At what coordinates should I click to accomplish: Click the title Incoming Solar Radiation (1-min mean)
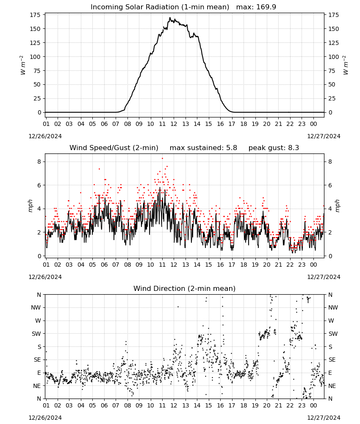pos(160,7)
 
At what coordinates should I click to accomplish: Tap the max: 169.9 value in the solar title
pos(256,7)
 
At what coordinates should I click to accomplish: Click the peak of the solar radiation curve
pos(170,17)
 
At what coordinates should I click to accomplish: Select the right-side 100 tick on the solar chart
pos(334,57)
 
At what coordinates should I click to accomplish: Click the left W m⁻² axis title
pos(23,65)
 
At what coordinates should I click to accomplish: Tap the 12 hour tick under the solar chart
pos(174,124)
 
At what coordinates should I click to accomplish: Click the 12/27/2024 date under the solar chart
pos(324,136)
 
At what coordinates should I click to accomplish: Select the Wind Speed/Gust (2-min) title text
pos(114,148)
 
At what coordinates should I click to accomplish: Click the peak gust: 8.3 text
pos(274,148)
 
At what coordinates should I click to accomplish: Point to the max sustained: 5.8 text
pos(203,148)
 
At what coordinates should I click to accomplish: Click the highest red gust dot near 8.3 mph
pos(162,158)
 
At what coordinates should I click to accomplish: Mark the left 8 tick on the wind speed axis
pos(39,162)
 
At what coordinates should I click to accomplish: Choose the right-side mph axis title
pos(338,206)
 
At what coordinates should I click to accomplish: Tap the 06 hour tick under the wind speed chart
pos(104,265)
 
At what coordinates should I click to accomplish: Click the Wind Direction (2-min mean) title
pos(185,288)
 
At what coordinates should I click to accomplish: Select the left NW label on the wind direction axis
pos(36,307)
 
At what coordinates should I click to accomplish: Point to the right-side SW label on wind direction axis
pos(333,334)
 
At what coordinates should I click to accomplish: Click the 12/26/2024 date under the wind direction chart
pos(45,418)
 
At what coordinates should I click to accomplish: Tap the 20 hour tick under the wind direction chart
pos(266,406)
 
